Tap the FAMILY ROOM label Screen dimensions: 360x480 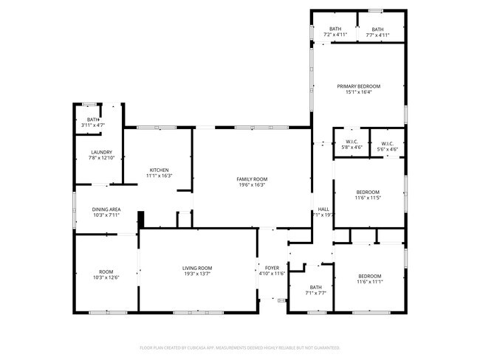[x=251, y=179]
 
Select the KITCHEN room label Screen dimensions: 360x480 [x=160, y=170]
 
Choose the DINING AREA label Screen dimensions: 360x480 [x=106, y=210]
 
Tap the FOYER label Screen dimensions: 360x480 [x=272, y=268]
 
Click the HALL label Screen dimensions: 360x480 [x=323, y=209]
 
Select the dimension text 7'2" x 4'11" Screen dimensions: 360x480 [x=335, y=35]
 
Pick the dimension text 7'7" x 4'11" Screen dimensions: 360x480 [x=377, y=35]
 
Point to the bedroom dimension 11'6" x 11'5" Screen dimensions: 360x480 [x=369, y=198]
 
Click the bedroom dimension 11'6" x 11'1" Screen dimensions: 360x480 [x=369, y=281]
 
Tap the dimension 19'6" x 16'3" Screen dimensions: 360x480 [x=251, y=184]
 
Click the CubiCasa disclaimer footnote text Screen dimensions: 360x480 [x=240, y=347]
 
